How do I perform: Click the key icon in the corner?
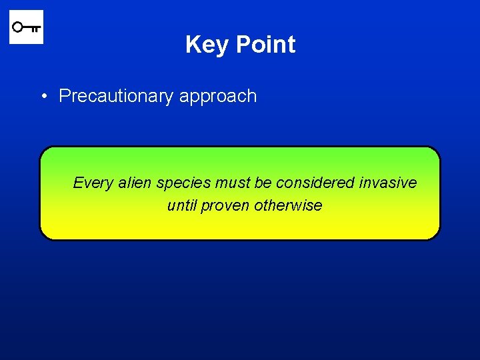click(x=26, y=27)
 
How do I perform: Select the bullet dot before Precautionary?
click(x=42, y=96)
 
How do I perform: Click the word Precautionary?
click(x=116, y=96)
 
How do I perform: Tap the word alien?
click(x=135, y=183)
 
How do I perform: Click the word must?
click(x=231, y=183)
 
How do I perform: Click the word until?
click(x=181, y=205)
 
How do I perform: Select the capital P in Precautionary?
click(x=64, y=96)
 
